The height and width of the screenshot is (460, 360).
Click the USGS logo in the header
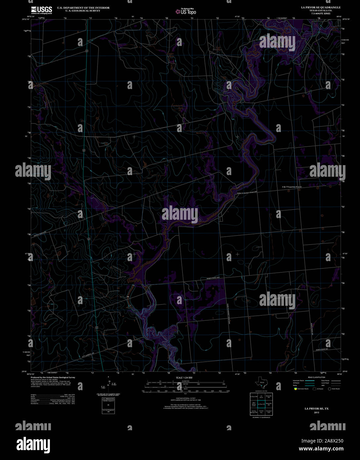click(x=42, y=10)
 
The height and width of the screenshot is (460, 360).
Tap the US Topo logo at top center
click(x=186, y=12)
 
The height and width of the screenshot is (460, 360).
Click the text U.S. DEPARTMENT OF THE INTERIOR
click(x=83, y=8)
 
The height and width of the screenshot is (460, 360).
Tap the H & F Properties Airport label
click(x=292, y=187)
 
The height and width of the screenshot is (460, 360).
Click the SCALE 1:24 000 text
click(x=184, y=378)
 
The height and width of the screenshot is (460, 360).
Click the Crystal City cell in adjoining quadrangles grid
click(x=261, y=412)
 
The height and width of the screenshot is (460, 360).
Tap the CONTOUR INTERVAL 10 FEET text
click(x=184, y=398)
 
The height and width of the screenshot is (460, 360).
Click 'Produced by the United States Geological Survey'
click(x=53, y=377)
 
